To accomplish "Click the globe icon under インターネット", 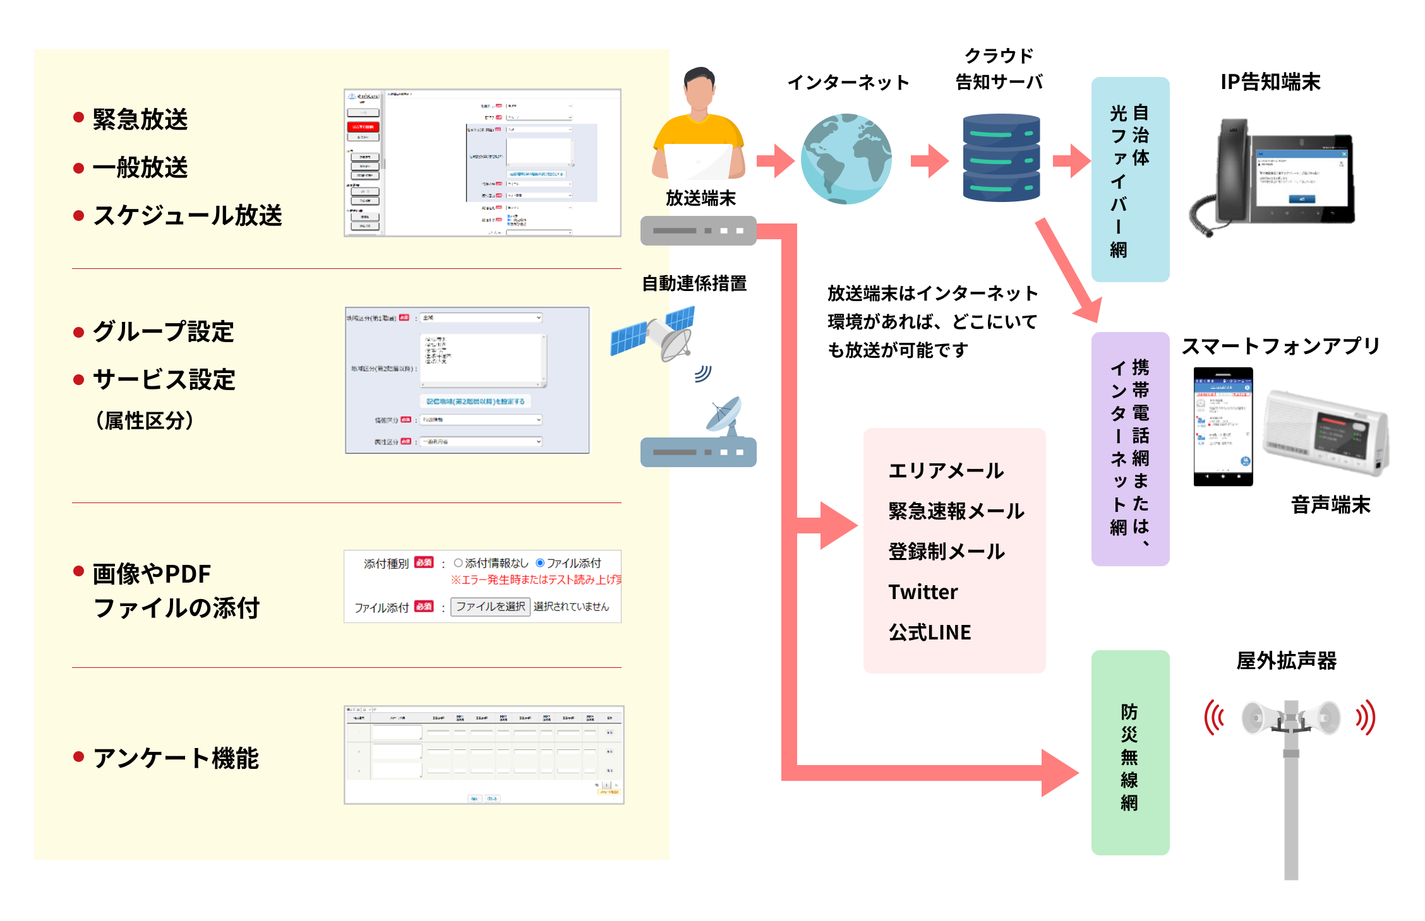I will (x=846, y=159).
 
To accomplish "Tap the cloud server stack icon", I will (x=1001, y=158).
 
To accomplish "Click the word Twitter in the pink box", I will (x=923, y=592).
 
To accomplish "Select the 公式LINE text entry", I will (x=929, y=633).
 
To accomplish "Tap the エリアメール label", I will (x=946, y=471).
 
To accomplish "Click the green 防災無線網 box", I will (x=1129, y=752).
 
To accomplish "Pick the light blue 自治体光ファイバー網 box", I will (x=1129, y=179).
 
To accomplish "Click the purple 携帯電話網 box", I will (x=1129, y=449).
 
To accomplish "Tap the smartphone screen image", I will (x=1223, y=426).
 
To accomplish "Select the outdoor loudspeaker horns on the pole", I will (x=1290, y=718).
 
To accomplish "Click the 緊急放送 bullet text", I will (x=140, y=119).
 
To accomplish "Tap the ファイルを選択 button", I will (x=490, y=607).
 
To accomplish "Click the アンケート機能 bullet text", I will (x=176, y=758).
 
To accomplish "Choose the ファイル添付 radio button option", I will (x=540, y=563).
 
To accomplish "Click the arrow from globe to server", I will (x=929, y=160).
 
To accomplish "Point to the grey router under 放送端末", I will (x=698, y=230).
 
